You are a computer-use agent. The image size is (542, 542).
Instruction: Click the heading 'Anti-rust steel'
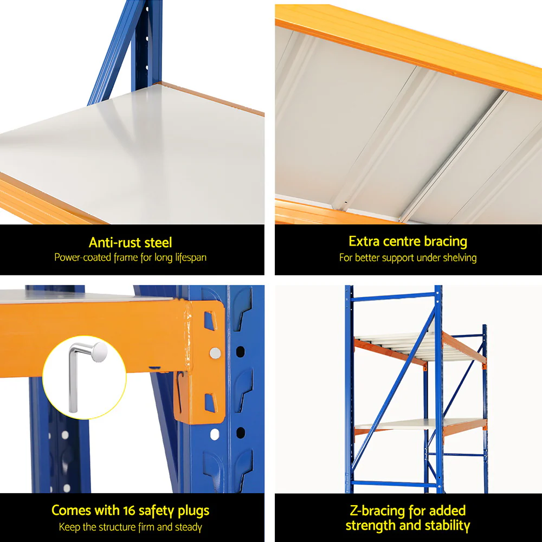tap(130, 242)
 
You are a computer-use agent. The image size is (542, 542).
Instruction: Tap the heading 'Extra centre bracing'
tap(408, 241)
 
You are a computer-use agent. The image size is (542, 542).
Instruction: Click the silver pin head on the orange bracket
tap(215, 353)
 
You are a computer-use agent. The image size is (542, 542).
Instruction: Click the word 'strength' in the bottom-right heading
tap(372, 525)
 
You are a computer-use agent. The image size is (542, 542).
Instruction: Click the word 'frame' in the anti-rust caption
tap(126, 257)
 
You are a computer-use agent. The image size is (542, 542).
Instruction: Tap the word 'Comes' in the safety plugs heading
tap(71, 511)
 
